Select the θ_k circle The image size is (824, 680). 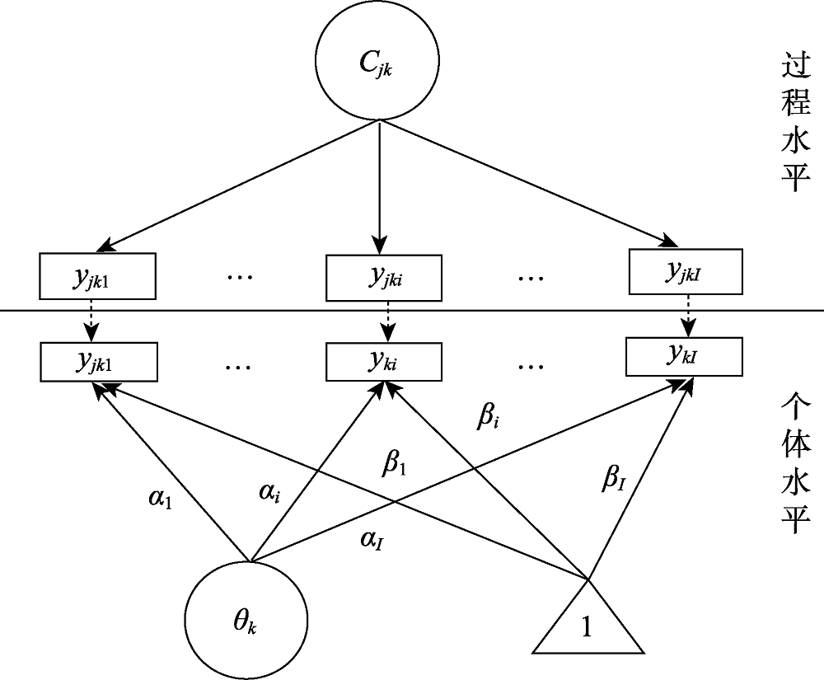pos(246,619)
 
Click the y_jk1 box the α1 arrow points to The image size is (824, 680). pos(97,360)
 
